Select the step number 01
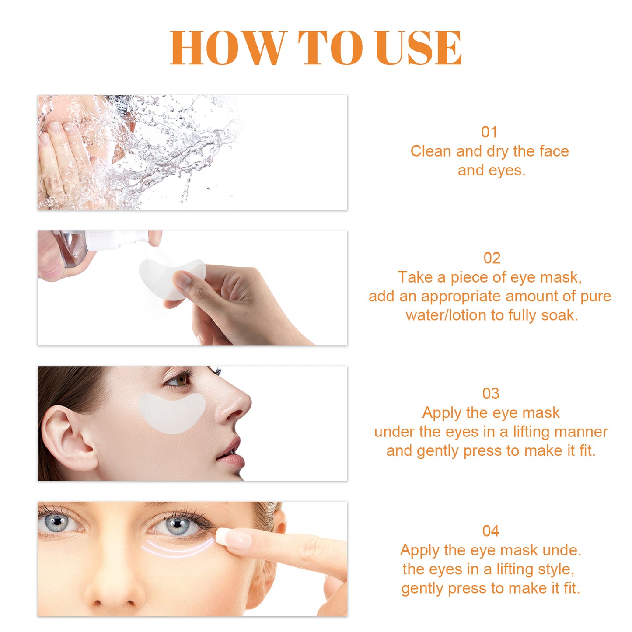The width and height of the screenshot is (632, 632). [x=489, y=132]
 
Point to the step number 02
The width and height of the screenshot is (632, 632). [x=492, y=258]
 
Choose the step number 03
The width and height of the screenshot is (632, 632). [x=491, y=394]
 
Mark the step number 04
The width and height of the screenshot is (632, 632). [x=491, y=531]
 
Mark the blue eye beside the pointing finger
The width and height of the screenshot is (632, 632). [x=177, y=525]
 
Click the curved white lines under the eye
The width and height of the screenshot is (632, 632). [x=179, y=548]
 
